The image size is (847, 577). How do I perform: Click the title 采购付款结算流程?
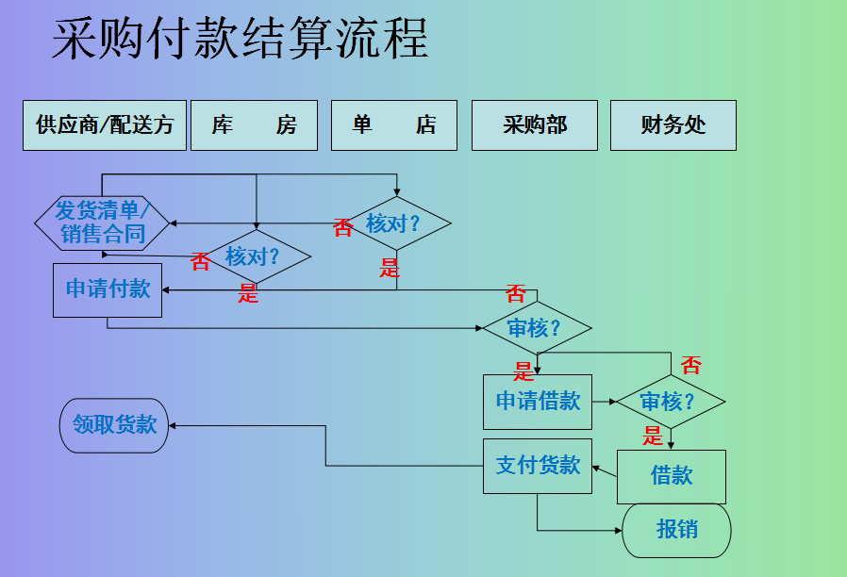click(x=240, y=40)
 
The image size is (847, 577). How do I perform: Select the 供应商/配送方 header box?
click(x=105, y=125)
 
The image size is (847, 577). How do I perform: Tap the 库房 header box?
click(x=254, y=125)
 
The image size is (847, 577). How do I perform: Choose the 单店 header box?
click(x=394, y=125)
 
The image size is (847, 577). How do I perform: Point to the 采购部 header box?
click(x=535, y=125)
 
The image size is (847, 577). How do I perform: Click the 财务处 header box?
click(x=673, y=125)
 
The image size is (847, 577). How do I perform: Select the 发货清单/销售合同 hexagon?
click(x=102, y=223)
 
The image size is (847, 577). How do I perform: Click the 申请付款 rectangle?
click(x=108, y=289)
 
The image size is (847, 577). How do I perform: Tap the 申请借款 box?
click(x=538, y=402)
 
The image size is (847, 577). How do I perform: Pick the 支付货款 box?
click(x=538, y=466)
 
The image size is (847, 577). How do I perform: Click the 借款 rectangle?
click(x=672, y=476)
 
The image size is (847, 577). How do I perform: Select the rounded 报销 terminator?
click(x=676, y=530)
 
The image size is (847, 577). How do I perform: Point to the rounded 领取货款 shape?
click(x=114, y=425)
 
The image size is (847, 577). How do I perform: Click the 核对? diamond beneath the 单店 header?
click(x=396, y=223)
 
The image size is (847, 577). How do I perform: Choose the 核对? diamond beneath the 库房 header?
click(x=256, y=256)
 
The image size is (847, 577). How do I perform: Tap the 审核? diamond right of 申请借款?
click(x=671, y=402)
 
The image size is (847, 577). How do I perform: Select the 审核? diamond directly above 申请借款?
click(x=537, y=328)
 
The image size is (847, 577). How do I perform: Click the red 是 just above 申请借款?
click(x=523, y=371)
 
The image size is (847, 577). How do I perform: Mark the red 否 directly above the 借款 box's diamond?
click(x=691, y=365)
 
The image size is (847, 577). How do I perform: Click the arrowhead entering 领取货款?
click(x=174, y=425)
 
